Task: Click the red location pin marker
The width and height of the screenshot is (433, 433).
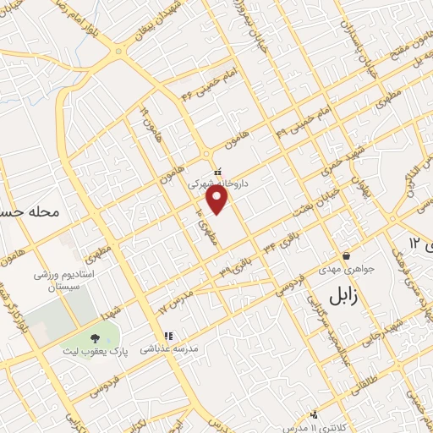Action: tap(217, 199)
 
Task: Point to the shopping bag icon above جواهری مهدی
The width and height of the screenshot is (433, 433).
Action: tap(346, 256)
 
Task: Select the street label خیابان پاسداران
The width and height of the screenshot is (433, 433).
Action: tap(368, 51)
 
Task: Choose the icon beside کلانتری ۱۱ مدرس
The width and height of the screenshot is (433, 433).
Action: tap(314, 414)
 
